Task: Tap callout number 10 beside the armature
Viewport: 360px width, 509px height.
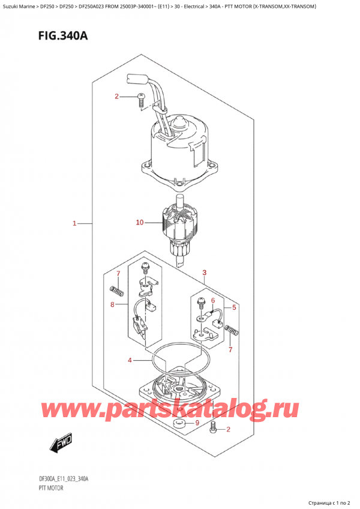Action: point(140,223)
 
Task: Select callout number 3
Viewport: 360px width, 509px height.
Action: point(205,273)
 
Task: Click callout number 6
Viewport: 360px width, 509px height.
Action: point(212,301)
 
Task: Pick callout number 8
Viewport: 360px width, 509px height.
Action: point(112,304)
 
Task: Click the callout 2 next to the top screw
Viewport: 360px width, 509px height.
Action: point(117,97)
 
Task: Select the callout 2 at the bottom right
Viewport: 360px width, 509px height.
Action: point(229,429)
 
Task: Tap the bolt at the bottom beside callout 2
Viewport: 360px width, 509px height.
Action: point(212,428)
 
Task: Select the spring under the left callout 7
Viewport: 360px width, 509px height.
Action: point(118,292)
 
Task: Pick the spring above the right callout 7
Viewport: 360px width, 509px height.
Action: point(232,330)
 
